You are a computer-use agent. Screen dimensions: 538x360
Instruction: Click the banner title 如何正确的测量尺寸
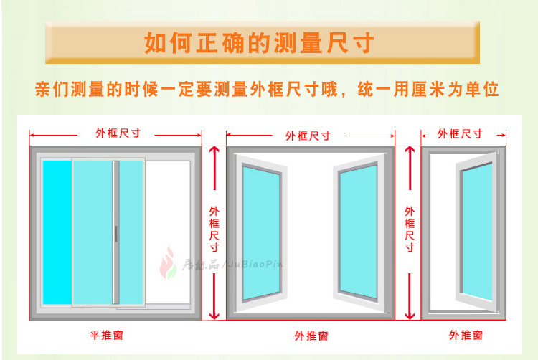[x=259, y=42]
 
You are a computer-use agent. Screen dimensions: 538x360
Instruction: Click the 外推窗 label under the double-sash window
[x=311, y=335]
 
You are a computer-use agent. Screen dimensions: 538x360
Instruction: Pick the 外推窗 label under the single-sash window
[x=466, y=335]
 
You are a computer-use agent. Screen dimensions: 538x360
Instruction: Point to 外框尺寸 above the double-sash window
[x=308, y=135]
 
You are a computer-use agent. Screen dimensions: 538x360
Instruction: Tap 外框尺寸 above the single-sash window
[x=460, y=133]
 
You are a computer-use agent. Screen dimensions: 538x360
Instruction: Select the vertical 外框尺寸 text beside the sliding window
[x=214, y=229]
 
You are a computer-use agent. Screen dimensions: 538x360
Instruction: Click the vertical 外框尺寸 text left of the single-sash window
[x=410, y=229]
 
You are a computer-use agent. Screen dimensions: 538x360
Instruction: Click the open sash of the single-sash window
[x=475, y=232]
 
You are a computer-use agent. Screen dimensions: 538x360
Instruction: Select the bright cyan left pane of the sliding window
[x=57, y=233]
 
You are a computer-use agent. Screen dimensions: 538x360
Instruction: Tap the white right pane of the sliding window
[x=168, y=233]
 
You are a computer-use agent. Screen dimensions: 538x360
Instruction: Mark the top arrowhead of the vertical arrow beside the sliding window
[x=214, y=150]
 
